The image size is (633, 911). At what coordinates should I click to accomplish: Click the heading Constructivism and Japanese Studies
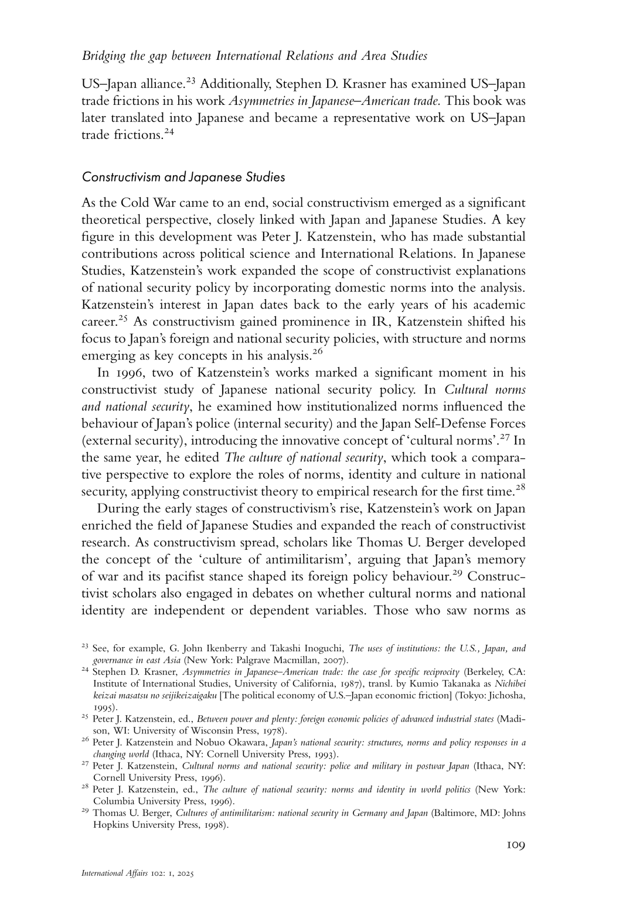(x=183, y=176)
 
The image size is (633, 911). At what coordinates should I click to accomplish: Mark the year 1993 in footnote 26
(x=326, y=754)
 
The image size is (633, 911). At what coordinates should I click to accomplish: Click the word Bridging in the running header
(x=103, y=56)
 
